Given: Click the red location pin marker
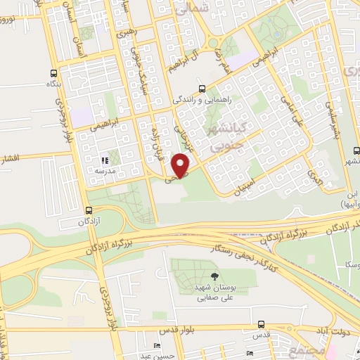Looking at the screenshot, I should pos(182,164).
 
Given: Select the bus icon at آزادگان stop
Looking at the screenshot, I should pos(88,210).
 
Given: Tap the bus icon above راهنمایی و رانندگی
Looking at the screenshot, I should pos(202,89).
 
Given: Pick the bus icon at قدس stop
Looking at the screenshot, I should pos(262,324).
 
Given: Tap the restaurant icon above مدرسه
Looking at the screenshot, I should pos(105,160).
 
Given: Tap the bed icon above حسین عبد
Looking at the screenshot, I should pos(157,345).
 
